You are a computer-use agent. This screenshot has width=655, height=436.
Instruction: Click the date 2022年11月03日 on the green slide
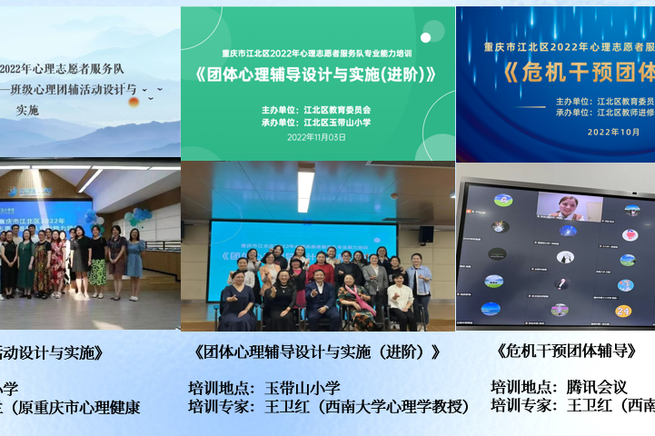pyautogui.click(x=317, y=137)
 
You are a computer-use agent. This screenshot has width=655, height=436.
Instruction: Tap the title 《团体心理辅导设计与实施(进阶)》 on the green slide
pyautogui.click(x=317, y=75)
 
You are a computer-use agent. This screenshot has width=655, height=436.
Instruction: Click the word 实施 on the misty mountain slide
pyautogui.click(x=28, y=110)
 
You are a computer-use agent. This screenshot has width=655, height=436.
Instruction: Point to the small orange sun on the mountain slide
pyautogui.click(x=134, y=102)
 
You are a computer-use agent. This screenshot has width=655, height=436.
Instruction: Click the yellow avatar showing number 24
pyautogui.click(x=622, y=311)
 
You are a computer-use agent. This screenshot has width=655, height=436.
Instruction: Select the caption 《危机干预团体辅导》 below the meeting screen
pyautogui.click(x=567, y=350)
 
